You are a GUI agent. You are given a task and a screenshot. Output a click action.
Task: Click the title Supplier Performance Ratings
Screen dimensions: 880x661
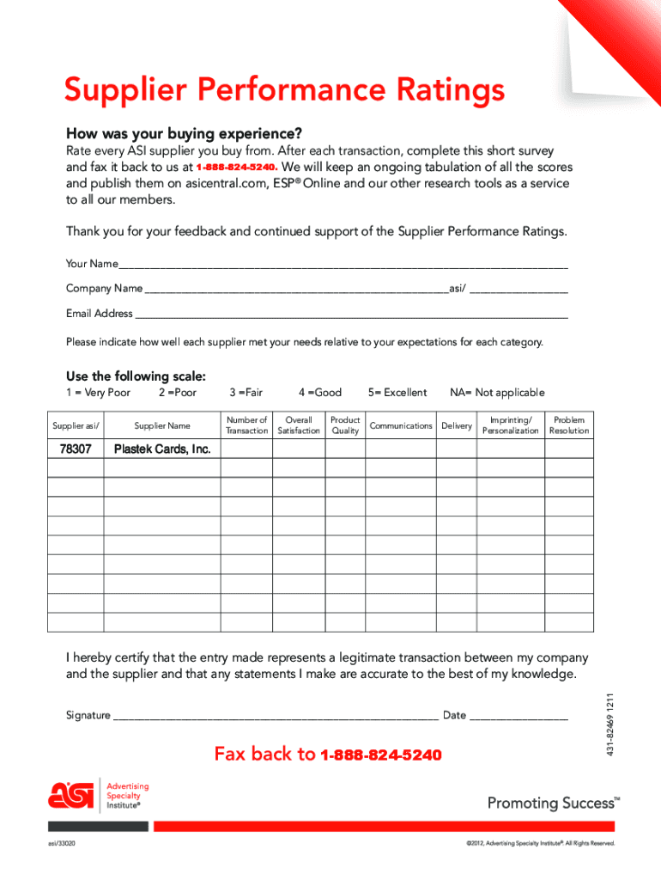click(284, 90)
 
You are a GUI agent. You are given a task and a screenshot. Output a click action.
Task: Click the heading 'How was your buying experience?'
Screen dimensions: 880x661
click(185, 134)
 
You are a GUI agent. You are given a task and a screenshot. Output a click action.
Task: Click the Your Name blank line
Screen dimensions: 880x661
click(343, 265)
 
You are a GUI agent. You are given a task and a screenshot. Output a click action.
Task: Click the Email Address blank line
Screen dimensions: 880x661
click(352, 315)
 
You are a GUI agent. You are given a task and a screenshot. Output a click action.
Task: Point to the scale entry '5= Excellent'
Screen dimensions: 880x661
click(397, 393)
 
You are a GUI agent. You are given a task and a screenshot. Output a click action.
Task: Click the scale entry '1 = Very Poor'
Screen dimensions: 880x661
click(99, 393)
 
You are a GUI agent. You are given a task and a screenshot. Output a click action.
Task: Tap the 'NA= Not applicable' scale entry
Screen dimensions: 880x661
click(497, 393)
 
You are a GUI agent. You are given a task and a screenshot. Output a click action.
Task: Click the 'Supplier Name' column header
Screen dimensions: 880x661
click(162, 425)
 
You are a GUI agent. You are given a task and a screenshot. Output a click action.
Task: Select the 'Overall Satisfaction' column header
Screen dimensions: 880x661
click(299, 425)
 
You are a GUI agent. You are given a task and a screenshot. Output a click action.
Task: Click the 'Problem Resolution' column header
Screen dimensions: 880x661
click(569, 425)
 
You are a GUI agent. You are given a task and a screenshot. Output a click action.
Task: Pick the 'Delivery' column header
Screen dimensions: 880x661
click(457, 425)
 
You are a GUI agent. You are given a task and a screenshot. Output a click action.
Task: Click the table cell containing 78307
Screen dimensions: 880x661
click(76, 449)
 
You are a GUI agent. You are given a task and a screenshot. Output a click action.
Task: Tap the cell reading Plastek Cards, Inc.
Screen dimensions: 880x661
click(162, 449)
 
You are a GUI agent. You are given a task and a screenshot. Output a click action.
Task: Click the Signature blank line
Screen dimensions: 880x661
click(275, 716)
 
